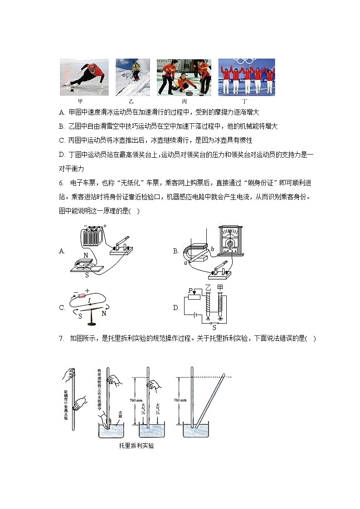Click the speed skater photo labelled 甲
click(84, 77)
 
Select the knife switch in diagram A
click(122, 245)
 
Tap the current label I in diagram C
click(89, 301)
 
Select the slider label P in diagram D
click(190, 290)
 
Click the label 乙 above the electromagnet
click(209, 288)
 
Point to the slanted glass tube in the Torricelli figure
click(212, 399)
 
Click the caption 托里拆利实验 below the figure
click(136, 446)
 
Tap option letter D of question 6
click(176, 308)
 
